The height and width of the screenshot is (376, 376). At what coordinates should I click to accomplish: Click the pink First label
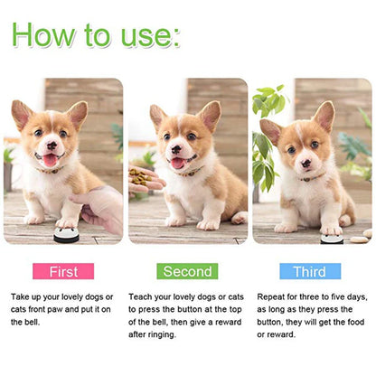(x=62, y=271)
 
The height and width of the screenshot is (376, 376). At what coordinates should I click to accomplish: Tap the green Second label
(x=187, y=271)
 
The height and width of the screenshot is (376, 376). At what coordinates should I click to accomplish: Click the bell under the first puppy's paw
(x=65, y=235)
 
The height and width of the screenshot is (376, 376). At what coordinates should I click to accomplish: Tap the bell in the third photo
(x=331, y=239)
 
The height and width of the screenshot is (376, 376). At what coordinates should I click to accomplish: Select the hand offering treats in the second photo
(x=145, y=181)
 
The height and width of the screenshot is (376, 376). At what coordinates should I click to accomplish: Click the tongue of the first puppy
(x=49, y=161)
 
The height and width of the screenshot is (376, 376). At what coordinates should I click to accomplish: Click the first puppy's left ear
(x=22, y=114)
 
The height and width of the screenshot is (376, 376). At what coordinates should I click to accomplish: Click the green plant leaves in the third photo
(x=264, y=136)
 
